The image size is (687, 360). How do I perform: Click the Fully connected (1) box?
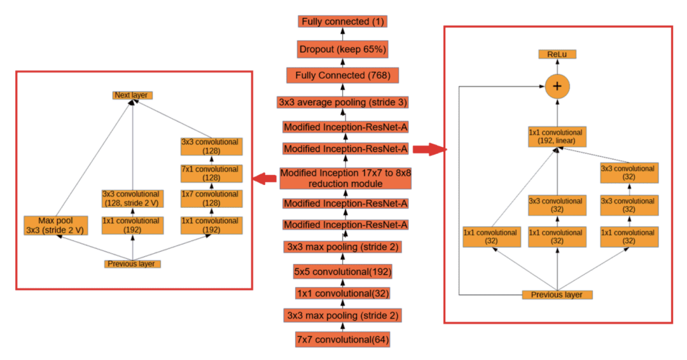click(343, 22)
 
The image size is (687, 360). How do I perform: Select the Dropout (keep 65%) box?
click(343, 49)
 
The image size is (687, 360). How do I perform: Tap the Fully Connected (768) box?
click(343, 76)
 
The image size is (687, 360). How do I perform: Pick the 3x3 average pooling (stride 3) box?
click(343, 102)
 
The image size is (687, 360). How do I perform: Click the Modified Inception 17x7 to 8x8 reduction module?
click(343, 178)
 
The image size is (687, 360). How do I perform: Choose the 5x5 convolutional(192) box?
click(343, 272)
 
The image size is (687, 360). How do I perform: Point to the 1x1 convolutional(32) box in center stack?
click(343, 293)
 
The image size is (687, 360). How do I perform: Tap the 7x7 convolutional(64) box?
click(343, 340)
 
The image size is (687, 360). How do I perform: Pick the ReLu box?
click(557, 55)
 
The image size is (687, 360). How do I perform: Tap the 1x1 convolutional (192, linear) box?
click(557, 137)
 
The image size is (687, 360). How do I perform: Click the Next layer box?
click(132, 95)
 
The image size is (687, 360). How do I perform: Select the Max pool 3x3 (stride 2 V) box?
click(55, 225)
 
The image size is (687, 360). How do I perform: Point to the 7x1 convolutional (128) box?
click(211, 174)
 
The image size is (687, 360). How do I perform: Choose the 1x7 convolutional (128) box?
click(211, 198)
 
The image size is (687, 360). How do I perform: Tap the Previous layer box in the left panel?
click(132, 263)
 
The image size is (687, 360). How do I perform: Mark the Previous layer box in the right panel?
click(557, 294)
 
